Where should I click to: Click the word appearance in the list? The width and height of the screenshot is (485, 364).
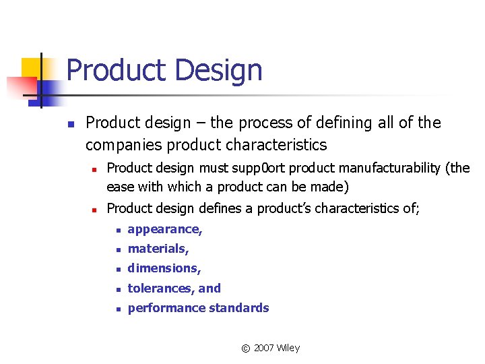164,229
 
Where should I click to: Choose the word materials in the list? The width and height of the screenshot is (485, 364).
157,249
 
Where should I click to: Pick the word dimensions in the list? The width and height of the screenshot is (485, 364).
163,268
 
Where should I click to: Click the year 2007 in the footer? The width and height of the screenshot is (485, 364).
265,348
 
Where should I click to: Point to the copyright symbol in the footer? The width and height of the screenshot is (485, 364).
245,348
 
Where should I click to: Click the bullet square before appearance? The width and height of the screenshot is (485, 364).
117,230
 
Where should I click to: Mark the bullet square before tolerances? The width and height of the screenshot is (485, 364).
117,289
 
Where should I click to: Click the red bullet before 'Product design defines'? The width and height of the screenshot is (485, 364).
96,209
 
